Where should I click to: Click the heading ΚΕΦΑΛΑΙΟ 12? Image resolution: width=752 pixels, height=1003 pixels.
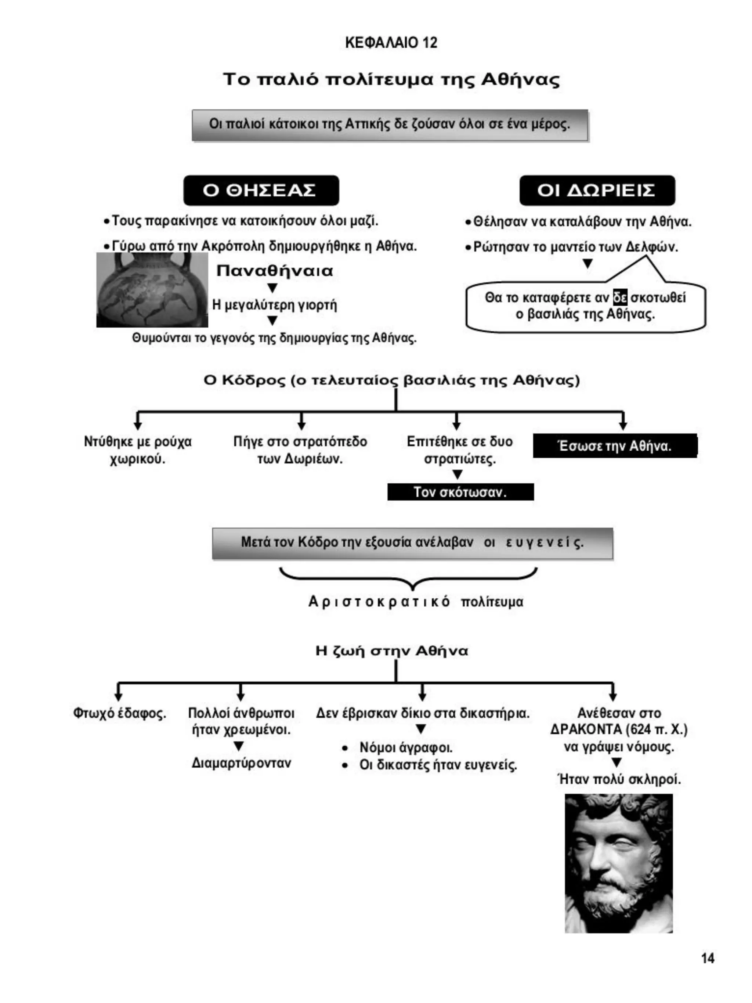click(x=391, y=43)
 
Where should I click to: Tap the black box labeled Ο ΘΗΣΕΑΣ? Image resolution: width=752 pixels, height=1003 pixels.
click(x=261, y=191)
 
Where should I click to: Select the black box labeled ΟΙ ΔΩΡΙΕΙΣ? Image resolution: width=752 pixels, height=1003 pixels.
click(x=597, y=191)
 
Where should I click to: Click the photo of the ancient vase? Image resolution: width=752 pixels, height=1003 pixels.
click(x=152, y=290)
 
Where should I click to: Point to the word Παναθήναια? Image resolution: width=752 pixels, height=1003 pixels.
click(x=275, y=271)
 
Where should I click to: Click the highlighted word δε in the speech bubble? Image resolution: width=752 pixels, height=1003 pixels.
click(x=620, y=297)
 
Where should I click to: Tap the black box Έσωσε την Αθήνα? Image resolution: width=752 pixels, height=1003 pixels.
click(x=615, y=446)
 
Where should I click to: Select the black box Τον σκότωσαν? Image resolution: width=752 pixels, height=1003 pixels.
click(x=460, y=492)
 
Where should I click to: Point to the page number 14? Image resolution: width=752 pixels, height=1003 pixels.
click(x=708, y=958)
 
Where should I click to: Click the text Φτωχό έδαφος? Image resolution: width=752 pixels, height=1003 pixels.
click(x=120, y=713)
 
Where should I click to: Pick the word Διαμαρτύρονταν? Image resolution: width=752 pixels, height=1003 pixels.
click(x=241, y=763)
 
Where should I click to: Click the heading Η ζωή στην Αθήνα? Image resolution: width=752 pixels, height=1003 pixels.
click(x=392, y=651)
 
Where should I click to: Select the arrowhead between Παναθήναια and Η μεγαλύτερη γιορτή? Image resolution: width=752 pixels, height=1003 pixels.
click(x=272, y=288)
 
